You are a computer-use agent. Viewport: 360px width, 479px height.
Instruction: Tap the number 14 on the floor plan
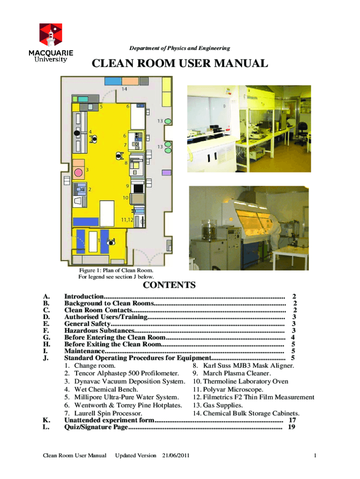point(124,89)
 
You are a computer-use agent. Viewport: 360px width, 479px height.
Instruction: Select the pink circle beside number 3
point(79,173)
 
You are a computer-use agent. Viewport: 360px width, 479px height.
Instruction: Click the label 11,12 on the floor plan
point(127,219)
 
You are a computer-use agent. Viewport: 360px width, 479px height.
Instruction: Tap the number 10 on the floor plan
point(125,198)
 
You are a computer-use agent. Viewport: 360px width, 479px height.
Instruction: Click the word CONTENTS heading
point(169,285)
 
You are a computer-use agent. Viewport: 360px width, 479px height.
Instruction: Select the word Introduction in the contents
point(84,297)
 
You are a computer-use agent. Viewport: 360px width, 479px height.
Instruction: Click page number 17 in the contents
point(292,421)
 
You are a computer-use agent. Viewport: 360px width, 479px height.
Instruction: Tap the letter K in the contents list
point(46,421)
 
